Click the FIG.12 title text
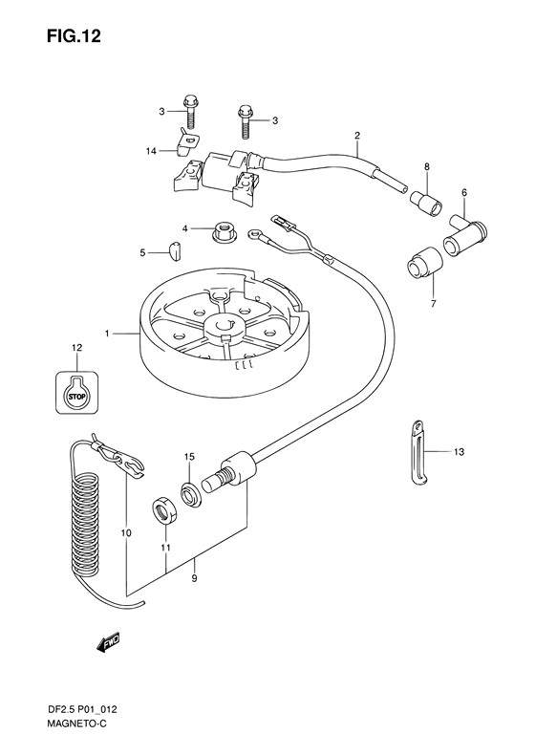(x=74, y=35)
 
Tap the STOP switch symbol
(x=76, y=393)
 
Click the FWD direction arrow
(x=108, y=642)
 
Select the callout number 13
(x=459, y=452)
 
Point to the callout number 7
(x=433, y=304)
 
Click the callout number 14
(x=151, y=151)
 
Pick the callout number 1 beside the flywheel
(x=108, y=334)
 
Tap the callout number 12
(x=76, y=348)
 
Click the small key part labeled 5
(x=174, y=250)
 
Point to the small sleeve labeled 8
(x=427, y=202)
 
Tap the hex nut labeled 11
(x=165, y=512)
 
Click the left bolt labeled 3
(x=190, y=112)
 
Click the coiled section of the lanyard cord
(x=85, y=523)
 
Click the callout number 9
(x=194, y=579)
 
